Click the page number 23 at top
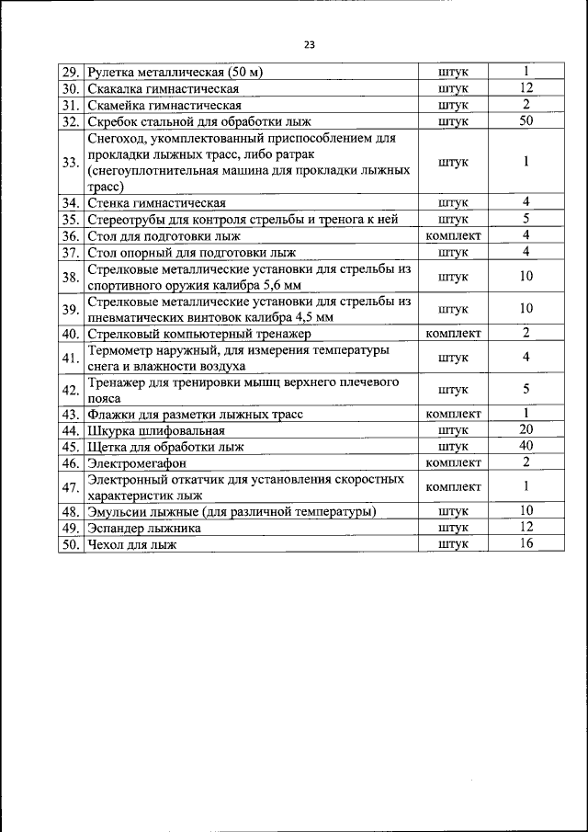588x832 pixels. (x=309, y=43)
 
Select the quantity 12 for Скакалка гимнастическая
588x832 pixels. (x=526, y=88)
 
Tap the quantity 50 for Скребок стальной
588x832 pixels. (x=526, y=120)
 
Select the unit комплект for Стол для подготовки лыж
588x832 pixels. (x=454, y=235)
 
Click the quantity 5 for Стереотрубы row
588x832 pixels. (x=526, y=219)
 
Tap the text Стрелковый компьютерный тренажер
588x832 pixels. (x=200, y=333)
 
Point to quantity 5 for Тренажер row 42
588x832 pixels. (x=526, y=389)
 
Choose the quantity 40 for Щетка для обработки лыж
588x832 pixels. (x=526, y=446)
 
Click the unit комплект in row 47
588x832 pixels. (x=454, y=486)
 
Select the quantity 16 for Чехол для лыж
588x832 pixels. (x=526, y=543)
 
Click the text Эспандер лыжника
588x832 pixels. (x=144, y=528)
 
